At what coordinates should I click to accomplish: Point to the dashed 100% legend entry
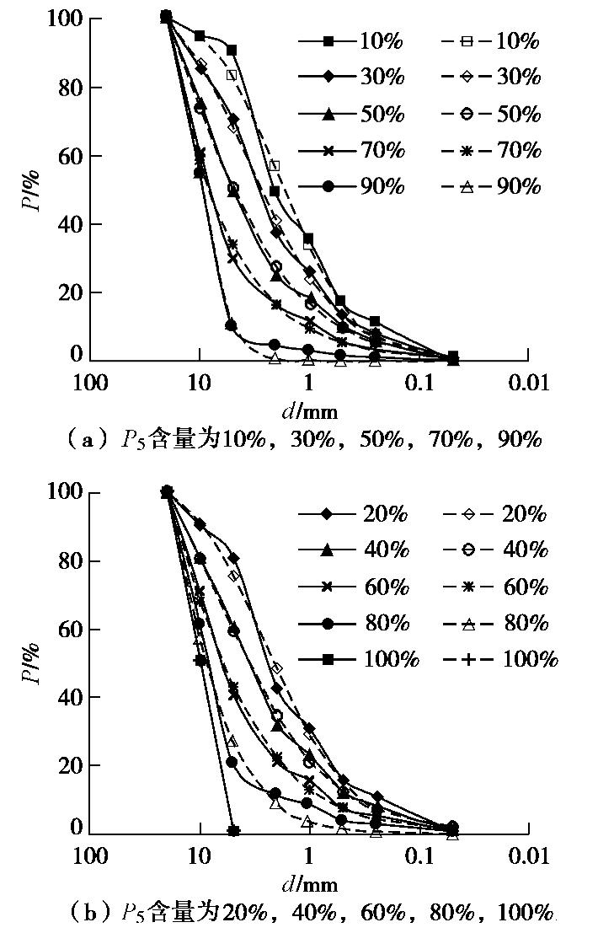click(501, 659)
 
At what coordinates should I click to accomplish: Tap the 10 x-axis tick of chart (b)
click(200, 857)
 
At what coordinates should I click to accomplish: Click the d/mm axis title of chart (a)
click(308, 410)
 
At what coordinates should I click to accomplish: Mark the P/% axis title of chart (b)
click(32, 662)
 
